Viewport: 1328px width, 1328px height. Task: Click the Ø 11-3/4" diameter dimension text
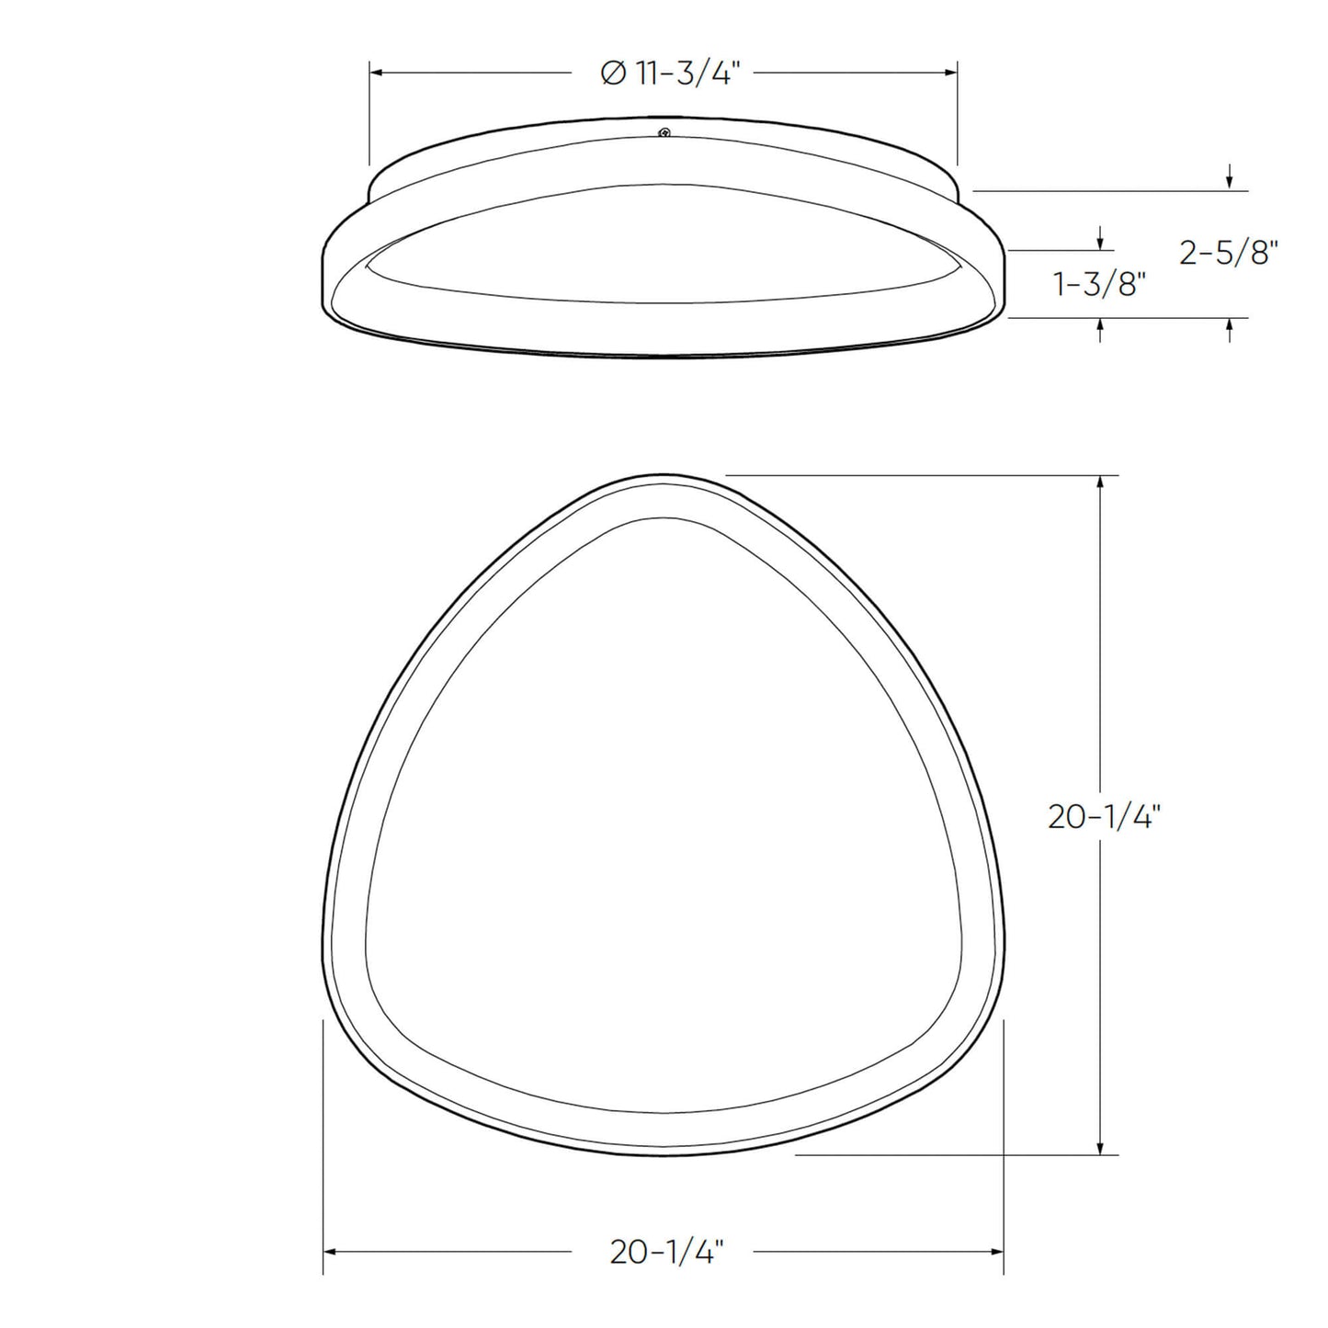click(x=670, y=73)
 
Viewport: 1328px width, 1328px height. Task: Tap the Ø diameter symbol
click(x=612, y=73)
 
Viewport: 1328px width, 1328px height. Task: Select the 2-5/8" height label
click(x=1229, y=252)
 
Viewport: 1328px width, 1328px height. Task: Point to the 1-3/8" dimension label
click(x=1100, y=285)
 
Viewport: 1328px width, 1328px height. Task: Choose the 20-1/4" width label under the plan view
click(x=667, y=1252)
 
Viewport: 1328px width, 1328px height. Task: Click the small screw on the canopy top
click(x=664, y=132)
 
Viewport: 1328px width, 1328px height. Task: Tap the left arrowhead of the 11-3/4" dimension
click(x=376, y=73)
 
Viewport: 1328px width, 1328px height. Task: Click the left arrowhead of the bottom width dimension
click(x=330, y=1252)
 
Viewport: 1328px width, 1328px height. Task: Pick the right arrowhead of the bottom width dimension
click(x=996, y=1252)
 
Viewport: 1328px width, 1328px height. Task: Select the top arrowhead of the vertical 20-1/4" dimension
click(x=1100, y=482)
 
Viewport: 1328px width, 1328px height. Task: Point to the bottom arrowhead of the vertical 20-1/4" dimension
click(x=1100, y=1148)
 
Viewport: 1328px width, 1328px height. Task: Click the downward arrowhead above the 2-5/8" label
click(x=1230, y=185)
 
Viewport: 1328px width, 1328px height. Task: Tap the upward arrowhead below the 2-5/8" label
click(x=1230, y=324)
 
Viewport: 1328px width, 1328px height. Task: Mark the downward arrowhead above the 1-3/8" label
click(x=1100, y=243)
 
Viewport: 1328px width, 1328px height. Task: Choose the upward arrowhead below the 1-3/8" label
click(x=1100, y=324)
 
